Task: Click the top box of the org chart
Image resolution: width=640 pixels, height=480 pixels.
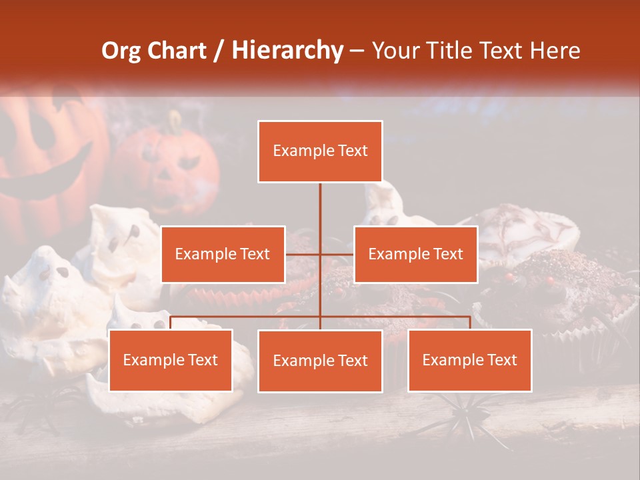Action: point(320,151)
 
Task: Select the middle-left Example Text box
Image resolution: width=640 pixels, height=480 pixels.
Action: point(223,254)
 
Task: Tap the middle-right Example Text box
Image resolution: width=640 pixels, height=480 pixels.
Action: point(415,254)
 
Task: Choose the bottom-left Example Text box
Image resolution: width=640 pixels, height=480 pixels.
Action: point(171,360)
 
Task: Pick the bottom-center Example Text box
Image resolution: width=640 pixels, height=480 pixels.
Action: point(320,361)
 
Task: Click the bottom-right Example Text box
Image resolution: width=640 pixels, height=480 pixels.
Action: point(469,360)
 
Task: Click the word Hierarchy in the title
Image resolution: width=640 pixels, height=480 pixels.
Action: point(287,50)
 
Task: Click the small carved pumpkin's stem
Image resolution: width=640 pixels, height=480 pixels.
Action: point(175,121)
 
